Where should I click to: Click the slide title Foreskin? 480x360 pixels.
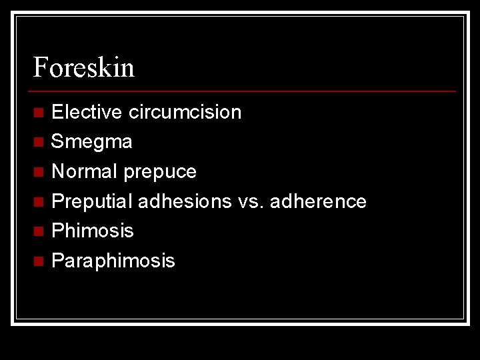pyautogui.click(x=84, y=67)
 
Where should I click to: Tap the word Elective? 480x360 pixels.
pyautogui.click(x=87, y=112)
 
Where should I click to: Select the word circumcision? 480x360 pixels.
pyautogui.click(x=185, y=112)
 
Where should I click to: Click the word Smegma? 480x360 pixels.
pyautogui.click(x=91, y=142)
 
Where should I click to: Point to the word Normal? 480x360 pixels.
pyautogui.click(x=85, y=171)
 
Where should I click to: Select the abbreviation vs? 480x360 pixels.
pyautogui.click(x=250, y=201)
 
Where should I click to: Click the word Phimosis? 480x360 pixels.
pyautogui.click(x=92, y=231)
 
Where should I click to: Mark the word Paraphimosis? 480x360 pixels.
pyautogui.click(x=113, y=261)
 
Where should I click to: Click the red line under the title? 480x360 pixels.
pyautogui.click(x=244, y=91)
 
